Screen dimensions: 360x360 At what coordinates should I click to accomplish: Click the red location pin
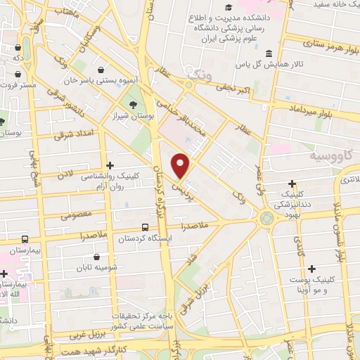[181, 167]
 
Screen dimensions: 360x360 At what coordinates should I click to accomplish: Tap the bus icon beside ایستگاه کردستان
[146, 227]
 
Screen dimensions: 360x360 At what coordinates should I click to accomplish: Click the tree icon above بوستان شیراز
[133, 106]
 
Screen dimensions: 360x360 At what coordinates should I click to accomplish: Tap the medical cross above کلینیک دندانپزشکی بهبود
[292, 183]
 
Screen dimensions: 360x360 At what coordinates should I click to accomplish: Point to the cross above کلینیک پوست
[311, 268]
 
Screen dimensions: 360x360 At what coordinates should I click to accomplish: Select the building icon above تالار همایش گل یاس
[269, 54]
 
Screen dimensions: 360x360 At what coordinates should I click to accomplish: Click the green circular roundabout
[267, 218]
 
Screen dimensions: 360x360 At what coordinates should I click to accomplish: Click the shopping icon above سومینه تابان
[107, 257]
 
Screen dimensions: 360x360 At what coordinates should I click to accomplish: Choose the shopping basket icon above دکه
[17, 49]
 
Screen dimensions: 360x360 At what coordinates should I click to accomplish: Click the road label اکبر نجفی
[234, 91]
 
